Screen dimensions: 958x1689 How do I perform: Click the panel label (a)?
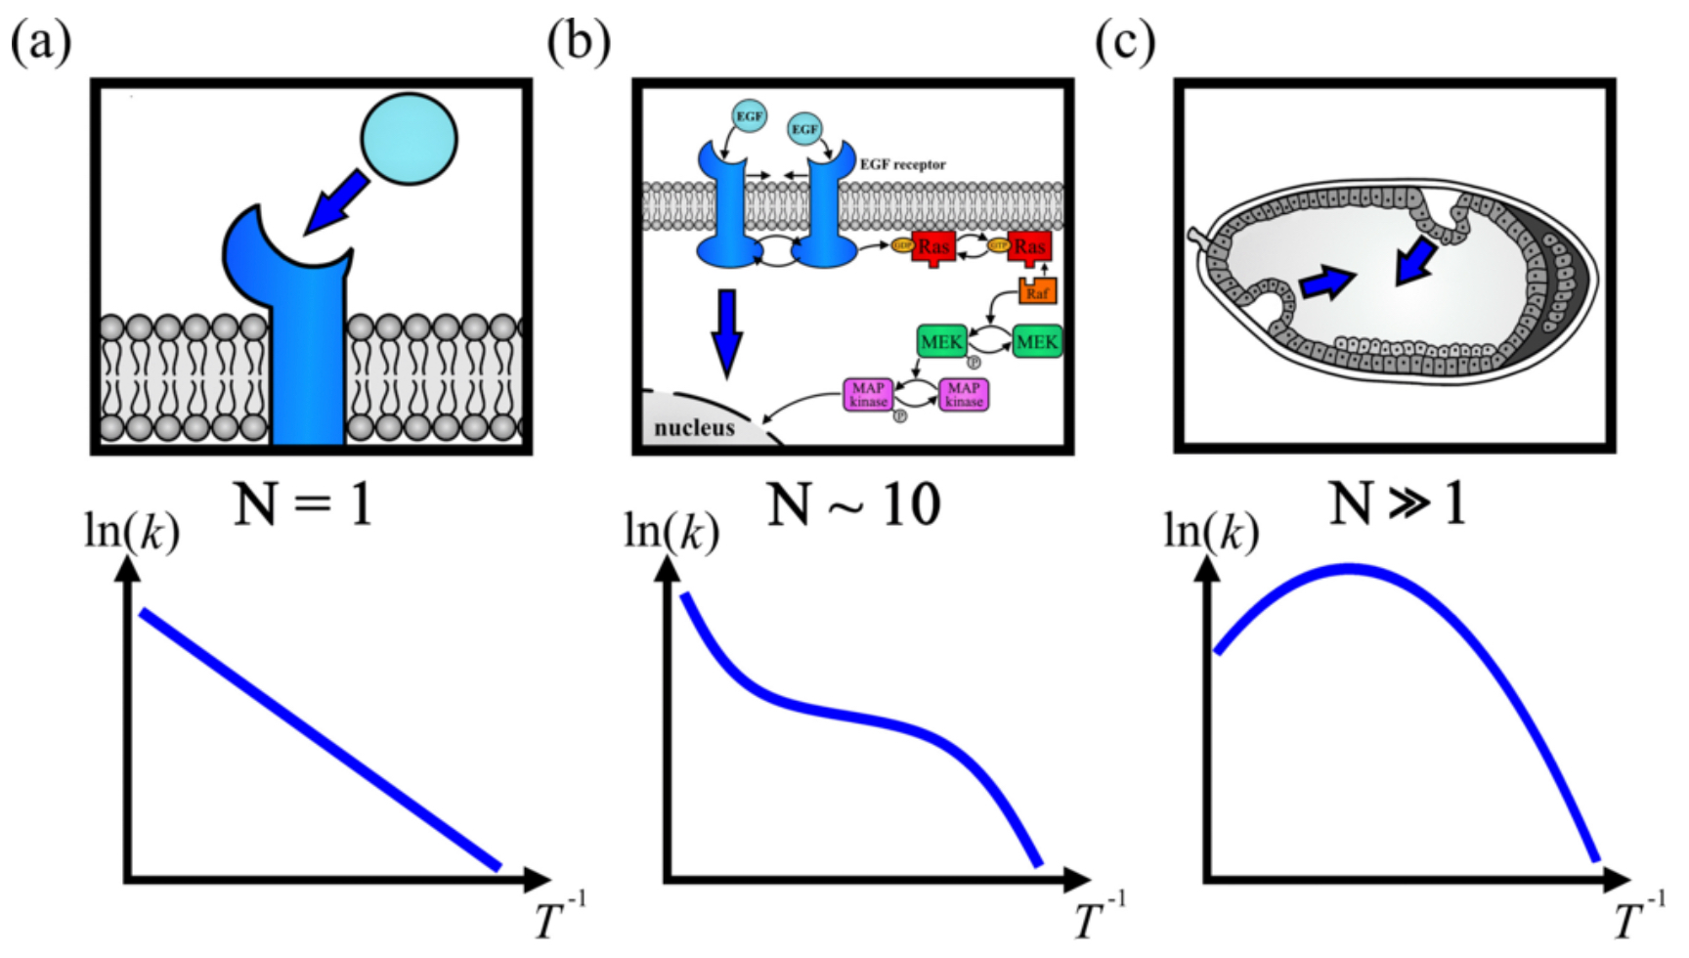(40, 43)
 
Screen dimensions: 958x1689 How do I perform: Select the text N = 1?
(304, 505)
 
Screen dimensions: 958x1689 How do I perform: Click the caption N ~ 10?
(853, 505)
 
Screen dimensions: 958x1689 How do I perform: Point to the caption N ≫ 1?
(1398, 505)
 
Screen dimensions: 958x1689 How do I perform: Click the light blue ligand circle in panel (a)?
(409, 139)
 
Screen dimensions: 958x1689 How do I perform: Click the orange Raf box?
(1037, 290)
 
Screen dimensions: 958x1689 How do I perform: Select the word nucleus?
(694, 427)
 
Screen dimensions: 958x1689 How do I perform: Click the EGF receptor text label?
(902, 164)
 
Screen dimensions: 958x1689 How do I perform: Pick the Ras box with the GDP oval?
(932, 247)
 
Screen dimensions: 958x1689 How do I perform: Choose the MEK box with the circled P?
(941, 342)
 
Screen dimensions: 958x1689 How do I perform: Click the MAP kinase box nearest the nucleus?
(868, 395)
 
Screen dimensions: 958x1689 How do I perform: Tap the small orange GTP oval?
(998, 245)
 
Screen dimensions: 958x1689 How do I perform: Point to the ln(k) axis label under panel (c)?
(1211, 535)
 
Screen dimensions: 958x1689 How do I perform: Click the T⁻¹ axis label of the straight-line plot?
(560, 917)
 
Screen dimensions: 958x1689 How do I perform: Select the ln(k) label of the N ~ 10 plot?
(671, 535)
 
